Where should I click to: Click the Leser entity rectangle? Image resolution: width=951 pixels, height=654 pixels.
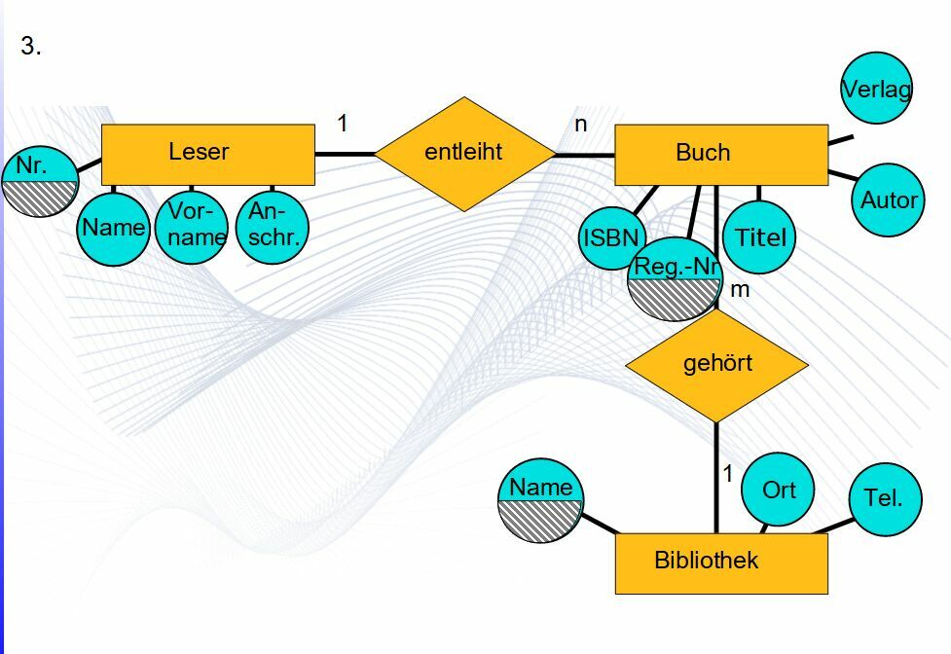(x=207, y=154)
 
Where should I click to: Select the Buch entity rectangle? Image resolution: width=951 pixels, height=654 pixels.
(x=720, y=154)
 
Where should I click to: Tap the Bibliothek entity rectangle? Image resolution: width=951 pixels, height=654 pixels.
(x=720, y=563)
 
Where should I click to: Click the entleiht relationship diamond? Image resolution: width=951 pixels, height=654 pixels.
(x=465, y=153)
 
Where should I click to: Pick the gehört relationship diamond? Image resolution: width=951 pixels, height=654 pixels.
(x=716, y=365)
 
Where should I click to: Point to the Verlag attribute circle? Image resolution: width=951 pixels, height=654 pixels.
(x=876, y=89)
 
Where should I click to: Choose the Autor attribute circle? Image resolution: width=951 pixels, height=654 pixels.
(x=888, y=200)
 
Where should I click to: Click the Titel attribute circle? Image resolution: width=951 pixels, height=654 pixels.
(x=760, y=236)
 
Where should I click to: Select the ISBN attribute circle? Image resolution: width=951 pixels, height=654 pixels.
(x=611, y=236)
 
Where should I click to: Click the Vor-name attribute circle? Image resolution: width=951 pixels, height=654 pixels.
(x=191, y=228)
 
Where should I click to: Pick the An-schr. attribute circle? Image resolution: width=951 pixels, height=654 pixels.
(x=273, y=228)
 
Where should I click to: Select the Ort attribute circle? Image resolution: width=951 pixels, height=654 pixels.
(x=779, y=490)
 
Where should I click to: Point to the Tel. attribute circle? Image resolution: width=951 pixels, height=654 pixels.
(x=884, y=498)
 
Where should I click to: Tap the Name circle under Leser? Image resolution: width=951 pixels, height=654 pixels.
(x=113, y=229)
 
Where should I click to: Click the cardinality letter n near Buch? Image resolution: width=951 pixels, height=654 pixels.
(x=581, y=125)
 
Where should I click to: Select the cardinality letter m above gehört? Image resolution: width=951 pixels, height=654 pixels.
(x=740, y=289)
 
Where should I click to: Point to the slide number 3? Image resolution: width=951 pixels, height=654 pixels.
(x=30, y=46)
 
